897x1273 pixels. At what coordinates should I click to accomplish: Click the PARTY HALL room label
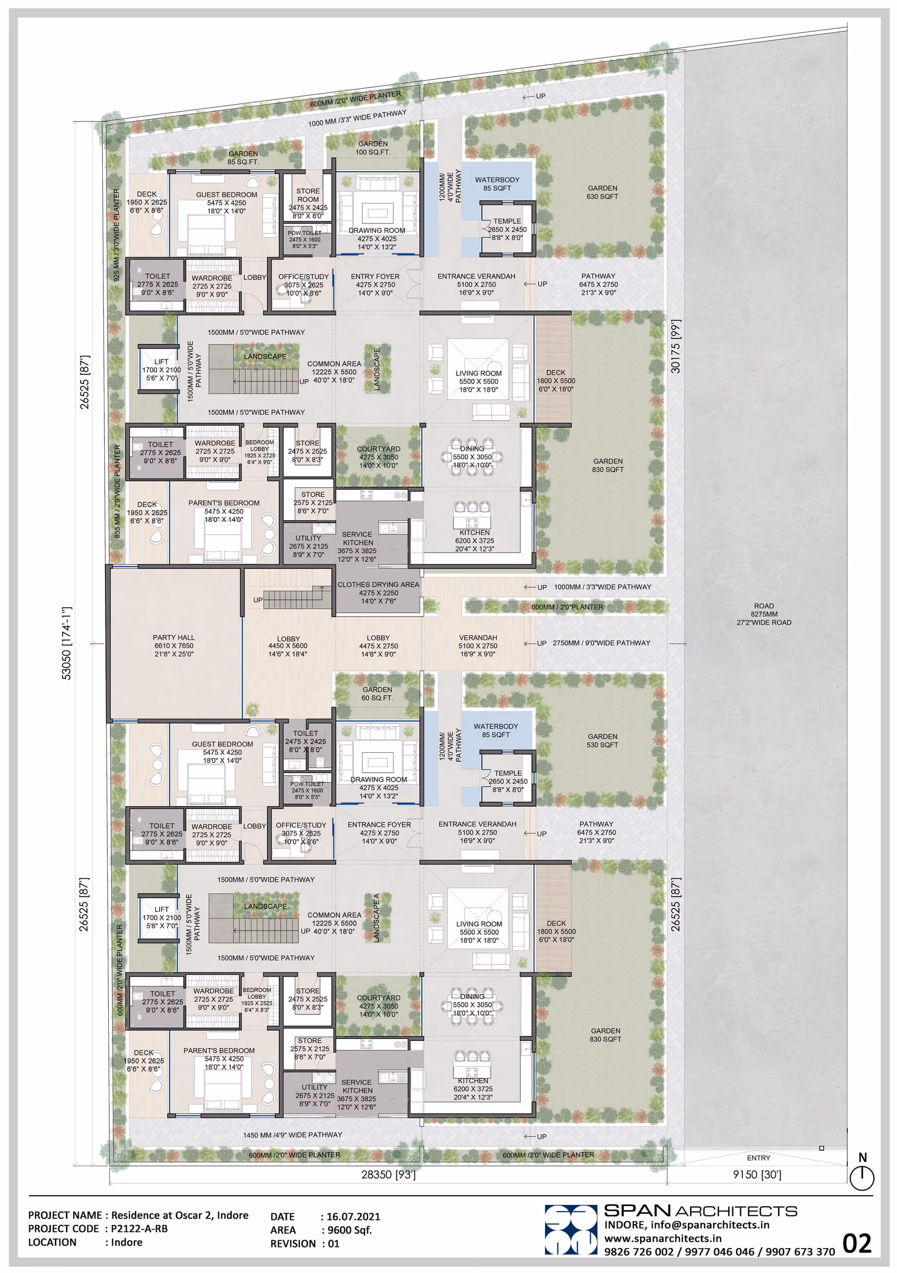[174, 645]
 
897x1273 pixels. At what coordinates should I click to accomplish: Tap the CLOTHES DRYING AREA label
[378, 593]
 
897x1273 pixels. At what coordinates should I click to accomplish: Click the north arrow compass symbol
[862, 1173]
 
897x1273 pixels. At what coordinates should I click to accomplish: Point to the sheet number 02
[857, 1244]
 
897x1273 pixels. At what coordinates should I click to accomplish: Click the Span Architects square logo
[571, 1229]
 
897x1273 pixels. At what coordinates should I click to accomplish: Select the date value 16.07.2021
[353, 1216]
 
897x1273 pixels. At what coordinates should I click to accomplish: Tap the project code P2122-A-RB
[139, 1229]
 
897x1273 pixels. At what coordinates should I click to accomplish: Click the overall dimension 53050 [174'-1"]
[67, 643]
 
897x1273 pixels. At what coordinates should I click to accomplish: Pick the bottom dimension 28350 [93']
[389, 1175]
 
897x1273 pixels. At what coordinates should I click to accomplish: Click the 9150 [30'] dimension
[757, 1175]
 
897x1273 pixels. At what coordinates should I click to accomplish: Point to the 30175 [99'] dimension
[675, 346]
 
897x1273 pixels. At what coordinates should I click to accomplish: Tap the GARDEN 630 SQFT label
[602, 192]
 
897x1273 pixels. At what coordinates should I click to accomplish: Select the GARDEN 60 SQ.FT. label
[377, 694]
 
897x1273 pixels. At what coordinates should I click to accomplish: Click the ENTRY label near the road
[758, 1158]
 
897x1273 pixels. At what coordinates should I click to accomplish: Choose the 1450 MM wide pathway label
[293, 1135]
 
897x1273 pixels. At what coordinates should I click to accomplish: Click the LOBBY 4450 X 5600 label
[288, 646]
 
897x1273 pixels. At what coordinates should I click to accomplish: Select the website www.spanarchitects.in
[662, 1238]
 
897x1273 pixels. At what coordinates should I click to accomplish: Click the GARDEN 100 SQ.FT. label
[373, 148]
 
